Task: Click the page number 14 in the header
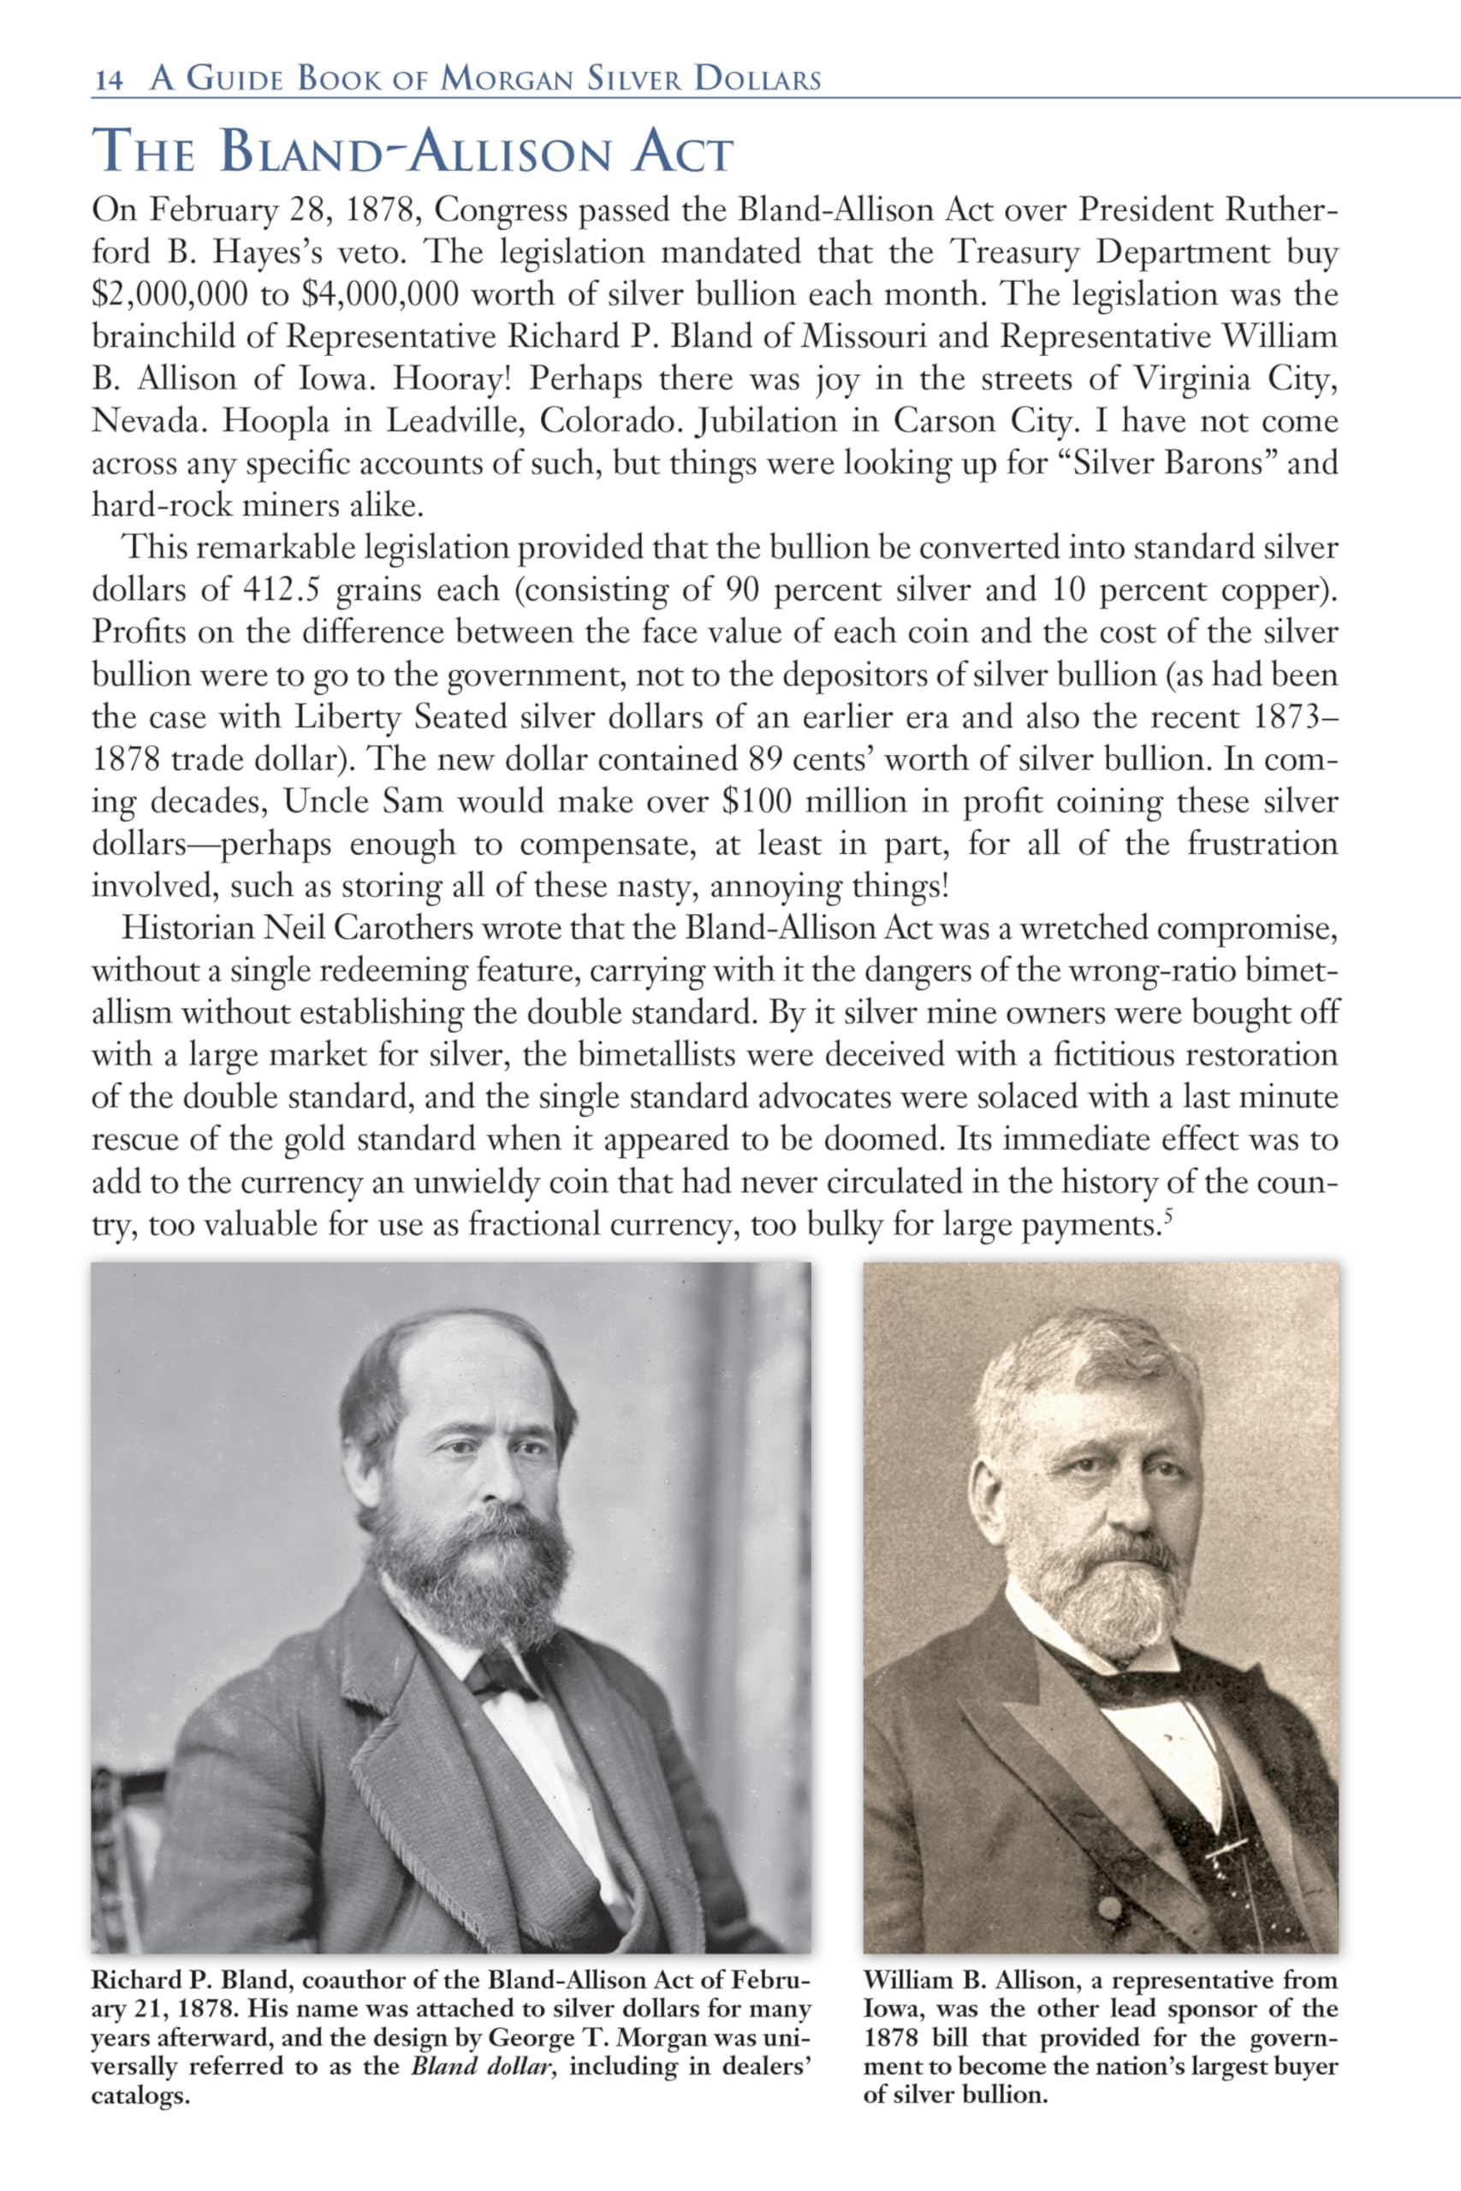pyautogui.click(x=108, y=80)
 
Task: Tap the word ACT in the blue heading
pyautogui.click(x=682, y=154)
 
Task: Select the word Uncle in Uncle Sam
pyautogui.click(x=325, y=802)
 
